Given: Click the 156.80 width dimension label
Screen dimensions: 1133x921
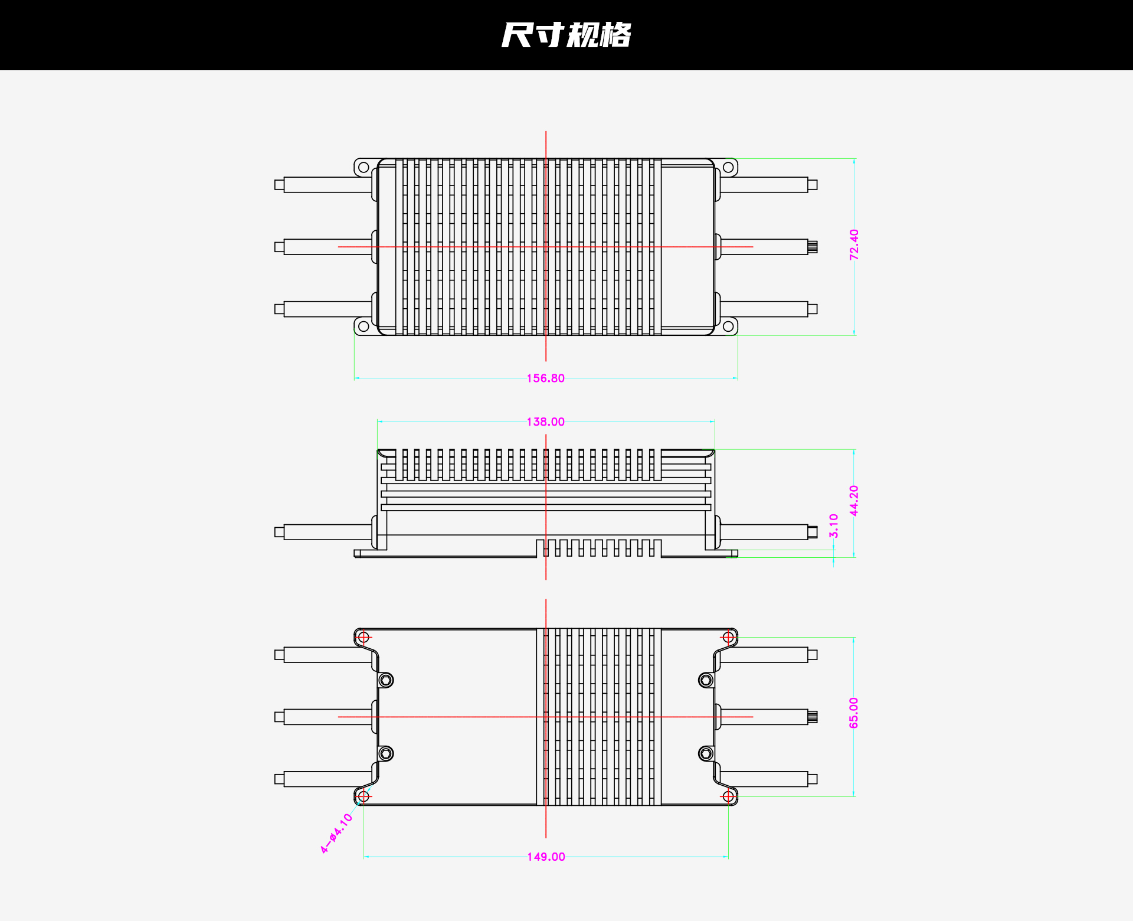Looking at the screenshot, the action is point(546,378).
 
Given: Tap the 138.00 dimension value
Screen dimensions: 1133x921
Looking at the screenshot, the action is point(546,422).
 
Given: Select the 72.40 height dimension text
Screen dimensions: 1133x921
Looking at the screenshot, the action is point(854,245).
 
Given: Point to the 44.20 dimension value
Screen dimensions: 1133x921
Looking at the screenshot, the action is point(854,501).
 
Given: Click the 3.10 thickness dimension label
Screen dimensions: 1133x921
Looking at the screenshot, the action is point(834,525).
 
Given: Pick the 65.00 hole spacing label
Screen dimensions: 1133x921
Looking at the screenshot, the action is point(854,713).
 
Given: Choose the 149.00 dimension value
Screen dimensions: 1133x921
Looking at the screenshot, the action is point(546,857).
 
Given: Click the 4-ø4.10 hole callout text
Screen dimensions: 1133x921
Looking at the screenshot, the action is point(336,834).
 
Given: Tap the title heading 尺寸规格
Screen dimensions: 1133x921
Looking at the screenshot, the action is point(566,35).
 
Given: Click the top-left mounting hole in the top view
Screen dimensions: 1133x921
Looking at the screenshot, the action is point(364,168).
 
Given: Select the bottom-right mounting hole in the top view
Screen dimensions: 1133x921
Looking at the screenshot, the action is point(728,326).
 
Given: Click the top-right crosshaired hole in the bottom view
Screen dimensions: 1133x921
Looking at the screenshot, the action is point(728,637).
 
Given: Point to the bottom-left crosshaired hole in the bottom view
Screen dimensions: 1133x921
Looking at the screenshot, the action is point(364,796).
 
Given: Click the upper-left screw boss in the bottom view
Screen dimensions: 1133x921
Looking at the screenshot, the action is point(386,680).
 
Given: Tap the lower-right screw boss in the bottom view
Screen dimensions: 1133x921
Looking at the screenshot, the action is point(706,753).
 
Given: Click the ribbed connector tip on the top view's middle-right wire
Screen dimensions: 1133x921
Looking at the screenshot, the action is point(813,247).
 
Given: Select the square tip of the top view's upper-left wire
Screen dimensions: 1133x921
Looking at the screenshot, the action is point(279,185).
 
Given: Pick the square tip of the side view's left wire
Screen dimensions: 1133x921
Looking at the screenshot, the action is point(279,532).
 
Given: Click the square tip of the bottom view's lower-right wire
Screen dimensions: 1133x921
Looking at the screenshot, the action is point(813,779).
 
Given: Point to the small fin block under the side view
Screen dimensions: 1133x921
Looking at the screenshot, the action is point(599,548).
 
